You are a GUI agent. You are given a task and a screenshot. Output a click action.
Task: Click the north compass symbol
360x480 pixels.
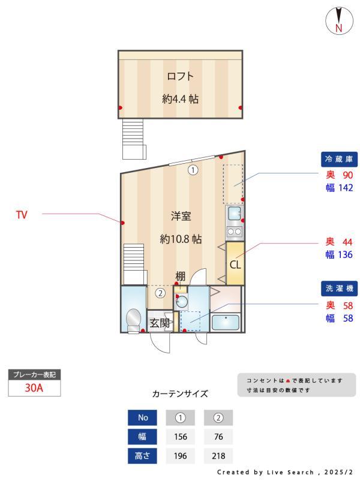pos(339,21)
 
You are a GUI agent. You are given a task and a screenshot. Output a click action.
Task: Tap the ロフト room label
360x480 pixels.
pos(180,76)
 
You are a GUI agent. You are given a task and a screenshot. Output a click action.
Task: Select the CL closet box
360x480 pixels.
pos(235,263)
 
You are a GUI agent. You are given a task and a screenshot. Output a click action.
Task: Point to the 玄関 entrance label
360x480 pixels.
pos(160,322)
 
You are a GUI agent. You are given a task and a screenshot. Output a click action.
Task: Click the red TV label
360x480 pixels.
pos(22,214)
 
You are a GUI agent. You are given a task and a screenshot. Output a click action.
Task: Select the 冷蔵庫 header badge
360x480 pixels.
pos(339,159)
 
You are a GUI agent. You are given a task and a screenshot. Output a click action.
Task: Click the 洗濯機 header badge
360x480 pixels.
pos(339,289)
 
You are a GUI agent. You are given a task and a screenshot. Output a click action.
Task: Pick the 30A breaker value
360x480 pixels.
pos(34,388)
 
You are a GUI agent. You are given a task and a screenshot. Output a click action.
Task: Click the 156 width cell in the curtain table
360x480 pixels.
pos(181,436)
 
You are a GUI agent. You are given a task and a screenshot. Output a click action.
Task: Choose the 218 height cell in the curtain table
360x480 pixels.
pos(218,455)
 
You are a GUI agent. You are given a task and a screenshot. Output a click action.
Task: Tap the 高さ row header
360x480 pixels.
pos(143,455)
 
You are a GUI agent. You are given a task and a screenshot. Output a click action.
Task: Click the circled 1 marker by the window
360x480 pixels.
pos(193,170)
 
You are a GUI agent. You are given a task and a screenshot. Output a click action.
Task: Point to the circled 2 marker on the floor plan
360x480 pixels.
pos(160,293)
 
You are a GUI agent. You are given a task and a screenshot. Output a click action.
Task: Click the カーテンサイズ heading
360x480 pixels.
pos(180,394)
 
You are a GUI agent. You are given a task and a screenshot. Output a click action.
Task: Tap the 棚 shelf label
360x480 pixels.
pos(180,277)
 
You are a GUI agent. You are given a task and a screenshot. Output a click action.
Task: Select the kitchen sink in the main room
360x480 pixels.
pos(234,213)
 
